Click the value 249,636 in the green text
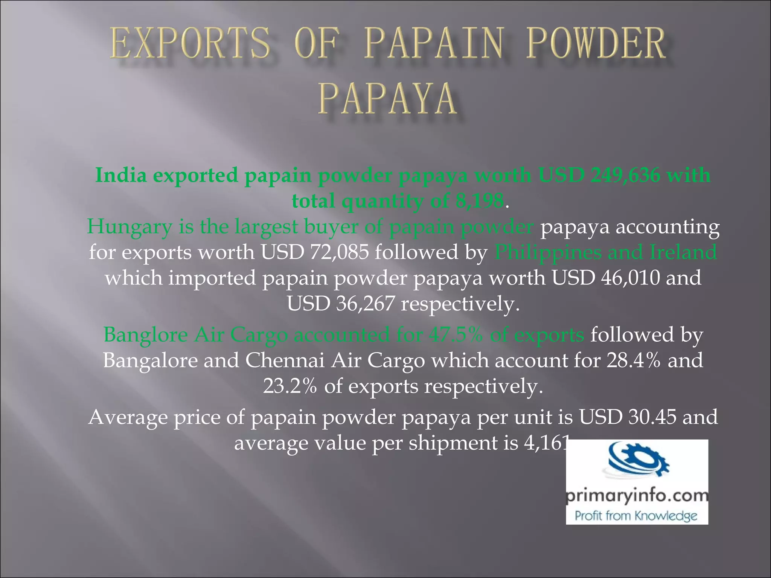(x=625, y=175)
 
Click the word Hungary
(x=129, y=227)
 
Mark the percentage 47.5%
(x=456, y=335)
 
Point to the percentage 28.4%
(x=633, y=360)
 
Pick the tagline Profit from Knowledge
(x=636, y=516)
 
